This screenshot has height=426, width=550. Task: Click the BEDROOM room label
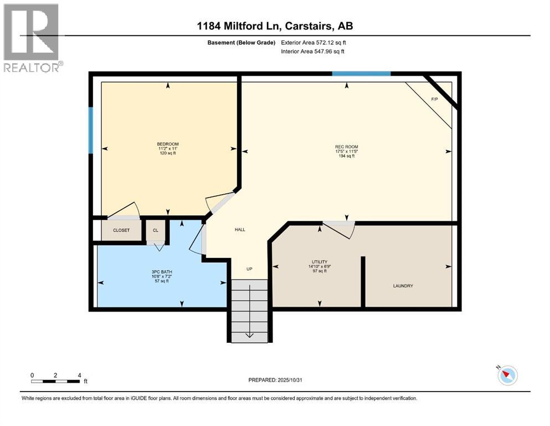pyautogui.click(x=167, y=145)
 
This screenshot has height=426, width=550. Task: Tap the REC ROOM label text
pyautogui.click(x=347, y=147)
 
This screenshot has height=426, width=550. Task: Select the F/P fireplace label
pyautogui.click(x=434, y=99)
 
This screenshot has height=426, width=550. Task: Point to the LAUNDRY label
pyautogui.click(x=403, y=286)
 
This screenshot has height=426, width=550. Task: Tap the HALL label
pyautogui.click(x=240, y=230)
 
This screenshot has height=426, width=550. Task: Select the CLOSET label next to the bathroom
pyautogui.click(x=121, y=230)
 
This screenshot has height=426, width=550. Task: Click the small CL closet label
pyautogui.click(x=155, y=230)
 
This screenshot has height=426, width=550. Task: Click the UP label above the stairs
pyautogui.click(x=249, y=269)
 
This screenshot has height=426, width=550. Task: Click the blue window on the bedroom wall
pyautogui.click(x=91, y=130)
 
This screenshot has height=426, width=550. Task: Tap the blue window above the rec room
pyautogui.click(x=361, y=73)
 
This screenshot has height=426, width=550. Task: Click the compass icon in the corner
pyautogui.click(x=507, y=376)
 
